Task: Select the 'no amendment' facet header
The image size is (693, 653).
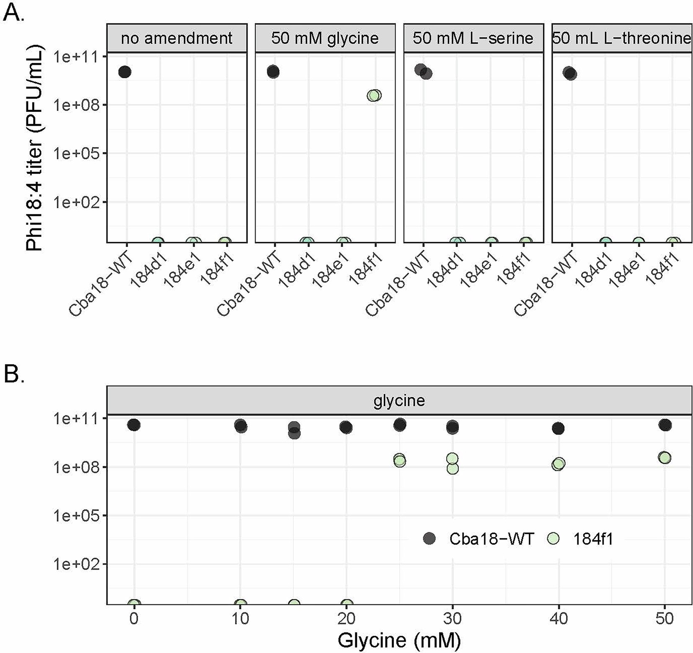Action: click(176, 38)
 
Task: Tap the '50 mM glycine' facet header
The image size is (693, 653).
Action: click(325, 38)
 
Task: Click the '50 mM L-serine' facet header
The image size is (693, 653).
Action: click(473, 38)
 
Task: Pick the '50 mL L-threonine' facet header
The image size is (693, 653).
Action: click(621, 38)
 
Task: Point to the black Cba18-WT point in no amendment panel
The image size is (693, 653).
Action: click(124, 72)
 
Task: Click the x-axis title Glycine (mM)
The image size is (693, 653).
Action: click(399, 640)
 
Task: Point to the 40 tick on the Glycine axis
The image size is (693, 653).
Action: click(558, 619)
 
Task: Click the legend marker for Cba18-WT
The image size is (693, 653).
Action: click(429, 539)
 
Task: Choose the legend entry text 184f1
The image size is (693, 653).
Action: click(592, 539)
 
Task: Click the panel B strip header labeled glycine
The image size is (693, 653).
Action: click(399, 401)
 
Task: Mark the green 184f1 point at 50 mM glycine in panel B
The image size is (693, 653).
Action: click(665, 457)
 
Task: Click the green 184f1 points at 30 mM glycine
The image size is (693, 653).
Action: click(452, 463)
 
